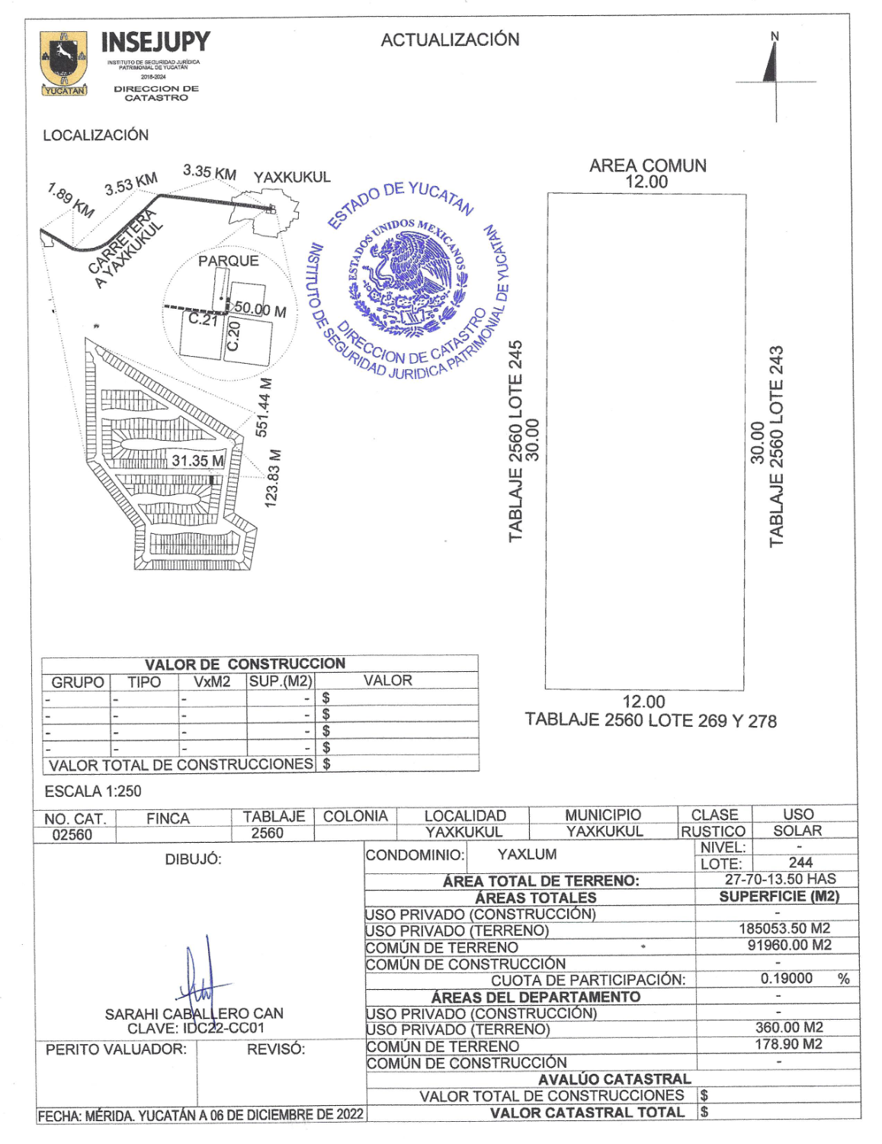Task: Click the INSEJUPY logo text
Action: [155, 42]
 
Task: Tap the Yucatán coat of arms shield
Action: [63, 61]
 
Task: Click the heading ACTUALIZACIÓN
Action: [450, 40]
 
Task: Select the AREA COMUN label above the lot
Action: [647, 165]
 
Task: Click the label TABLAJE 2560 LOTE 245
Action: [516, 441]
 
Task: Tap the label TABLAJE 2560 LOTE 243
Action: [776, 446]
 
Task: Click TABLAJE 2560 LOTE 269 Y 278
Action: [650, 721]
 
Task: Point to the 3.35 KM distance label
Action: [210, 172]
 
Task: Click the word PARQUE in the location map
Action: [228, 261]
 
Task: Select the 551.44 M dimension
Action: [263, 407]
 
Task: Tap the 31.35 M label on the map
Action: [197, 461]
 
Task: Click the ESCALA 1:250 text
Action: [93, 791]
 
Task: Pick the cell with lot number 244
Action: [800, 863]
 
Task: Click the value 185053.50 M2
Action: [784, 928]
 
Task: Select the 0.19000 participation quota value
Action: [787, 979]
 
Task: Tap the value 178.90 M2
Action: [788, 1044]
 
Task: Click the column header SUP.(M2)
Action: [281, 681]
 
